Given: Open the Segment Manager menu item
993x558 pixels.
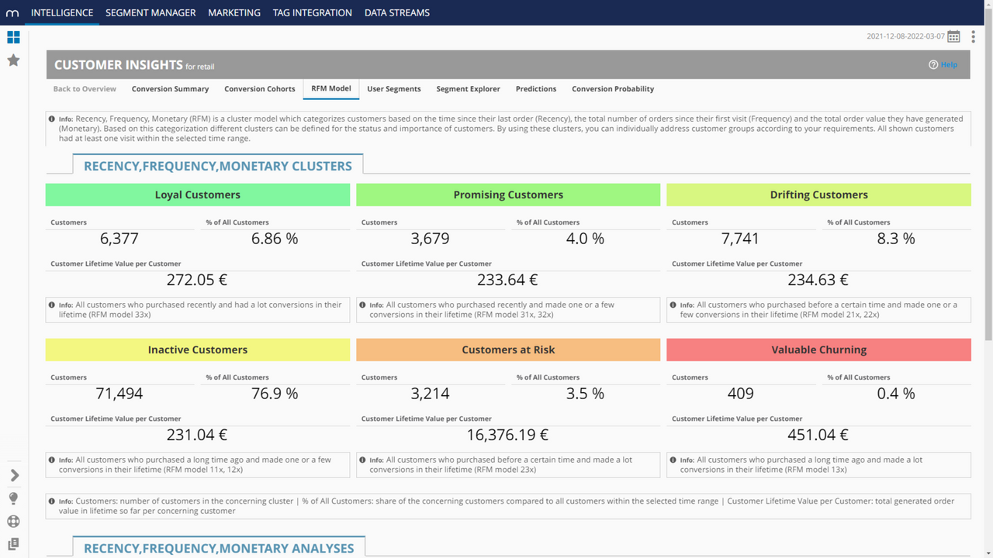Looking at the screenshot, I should tap(151, 12).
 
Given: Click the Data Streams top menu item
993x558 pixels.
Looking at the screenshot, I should tap(396, 12).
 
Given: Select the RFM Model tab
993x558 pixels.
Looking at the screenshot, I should tap(331, 88).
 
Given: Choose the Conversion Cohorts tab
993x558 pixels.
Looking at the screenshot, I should tap(260, 89).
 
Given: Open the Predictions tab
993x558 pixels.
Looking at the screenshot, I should tap(536, 89).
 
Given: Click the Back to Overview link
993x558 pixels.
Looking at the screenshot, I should tap(85, 89).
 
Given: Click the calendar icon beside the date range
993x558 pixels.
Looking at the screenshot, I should tap(953, 36).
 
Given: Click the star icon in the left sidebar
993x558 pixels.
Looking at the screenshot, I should tap(13, 60).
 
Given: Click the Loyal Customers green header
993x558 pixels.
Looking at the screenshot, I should tap(198, 195).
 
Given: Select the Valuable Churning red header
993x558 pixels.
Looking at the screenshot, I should tap(818, 350).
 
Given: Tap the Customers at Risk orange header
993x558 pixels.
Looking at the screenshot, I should tap(508, 350).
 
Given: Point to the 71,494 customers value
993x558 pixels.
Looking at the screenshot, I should tap(119, 394).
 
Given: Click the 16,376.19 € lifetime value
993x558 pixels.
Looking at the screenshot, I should tap(507, 435).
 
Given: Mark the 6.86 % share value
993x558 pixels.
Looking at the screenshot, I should tap(275, 239).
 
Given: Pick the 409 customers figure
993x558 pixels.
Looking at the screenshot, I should tap(740, 394).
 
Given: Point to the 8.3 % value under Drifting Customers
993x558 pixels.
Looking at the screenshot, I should tap(896, 239).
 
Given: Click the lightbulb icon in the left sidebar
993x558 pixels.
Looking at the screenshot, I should tap(13, 498).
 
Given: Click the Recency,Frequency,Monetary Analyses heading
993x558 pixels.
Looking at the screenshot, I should tap(219, 548).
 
